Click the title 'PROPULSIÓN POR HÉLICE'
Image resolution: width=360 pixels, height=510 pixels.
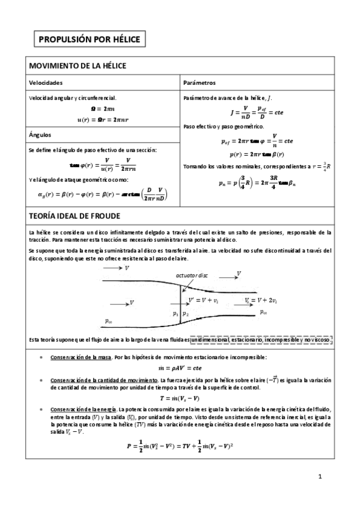[x=88, y=40]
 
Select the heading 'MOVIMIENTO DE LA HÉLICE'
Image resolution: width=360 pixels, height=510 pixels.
[x=78, y=65]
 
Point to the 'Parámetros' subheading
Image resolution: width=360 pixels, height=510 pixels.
[x=200, y=82]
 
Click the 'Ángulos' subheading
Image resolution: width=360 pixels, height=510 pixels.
[x=40, y=135]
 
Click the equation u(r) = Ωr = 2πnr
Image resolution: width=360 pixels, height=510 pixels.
[x=104, y=120]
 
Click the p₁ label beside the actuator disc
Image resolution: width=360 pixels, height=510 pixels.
[x=175, y=313]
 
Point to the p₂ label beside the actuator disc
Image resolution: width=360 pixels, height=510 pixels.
[x=186, y=313]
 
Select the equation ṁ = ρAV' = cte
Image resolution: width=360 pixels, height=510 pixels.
[x=180, y=368]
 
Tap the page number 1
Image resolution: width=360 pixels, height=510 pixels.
[x=320, y=478]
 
